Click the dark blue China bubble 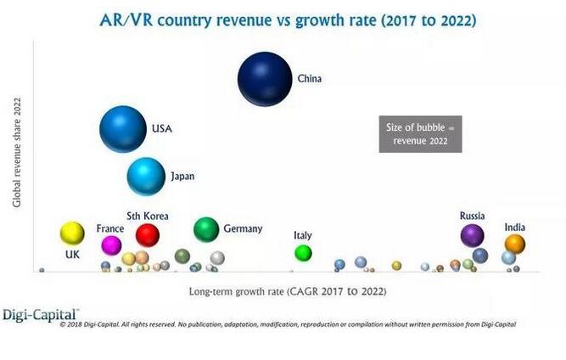pyautogui.click(x=265, y=78)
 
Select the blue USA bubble pyautogui.click(x=123, y=129)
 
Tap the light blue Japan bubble pyautogui.click(x=146, y=177)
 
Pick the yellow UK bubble pyautogui.click(x=72, y=233)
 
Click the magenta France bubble pyautogui.click(x=111, y=245)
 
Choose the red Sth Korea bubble pyautogui.click(x=148, y=234)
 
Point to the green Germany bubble pyautogui.click(x=206, y=228)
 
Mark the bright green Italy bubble pyautogui.click(x=303, y=252)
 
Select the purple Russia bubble pyautogui.click(x=472, y=234)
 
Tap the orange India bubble pyautogui.click(x=515, y=244)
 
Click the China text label pyautogui.click(x=309, y=79)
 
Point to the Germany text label pyautogui.click(x=243, y=229)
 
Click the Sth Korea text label pyautogui.click(x=148, y=217)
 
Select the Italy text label pyautogui.click(x=303, y=235)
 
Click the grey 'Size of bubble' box pyautogui.click(x=420, y=134)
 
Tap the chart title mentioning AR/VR pyautogui.click(x=282, y=20)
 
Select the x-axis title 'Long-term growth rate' pyautogui.click(x=287, y=291)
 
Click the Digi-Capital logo pyautogui.click(x=41, y=313)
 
